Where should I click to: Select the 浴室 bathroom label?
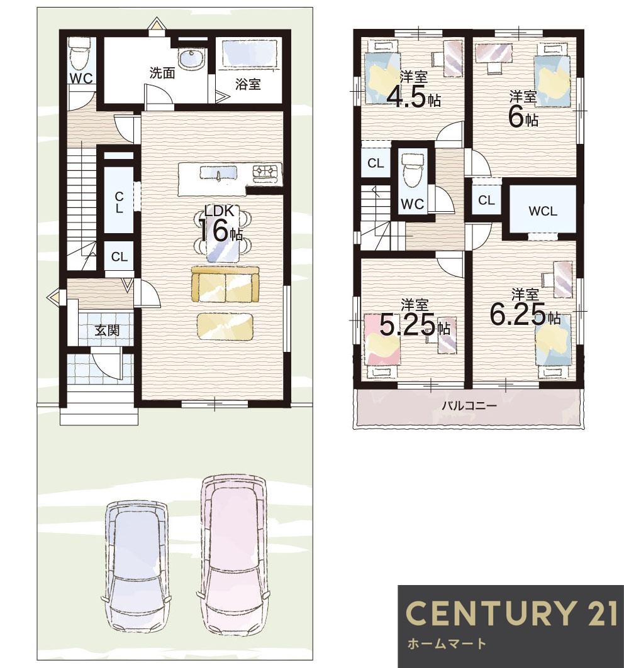[x=248, y=84]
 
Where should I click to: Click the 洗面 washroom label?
[x=162, y=73]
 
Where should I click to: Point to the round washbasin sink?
[x=191, y=58]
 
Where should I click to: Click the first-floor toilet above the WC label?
[x=79, y=53]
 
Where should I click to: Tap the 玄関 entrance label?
[x=107, y=330]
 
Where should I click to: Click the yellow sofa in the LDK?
[x=225, y=285]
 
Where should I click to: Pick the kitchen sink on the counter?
[x=218, y=173]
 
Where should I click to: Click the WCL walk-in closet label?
[x=542, y=211]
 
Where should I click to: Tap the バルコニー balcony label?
[x=469, y=405]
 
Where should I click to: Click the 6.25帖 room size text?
[x=525, y=315]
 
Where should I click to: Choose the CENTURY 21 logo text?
[x=511, y=613]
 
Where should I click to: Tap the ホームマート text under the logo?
[x=447, y=643]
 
